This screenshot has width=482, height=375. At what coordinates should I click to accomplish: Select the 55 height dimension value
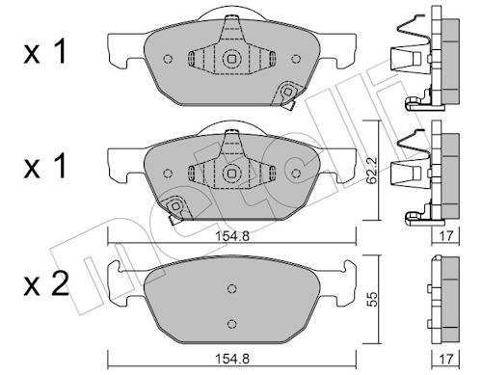pos(372,299)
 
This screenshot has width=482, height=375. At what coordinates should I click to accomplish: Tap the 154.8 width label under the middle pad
pos(232,236)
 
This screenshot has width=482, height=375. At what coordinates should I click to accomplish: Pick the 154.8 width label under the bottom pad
pos(232,359)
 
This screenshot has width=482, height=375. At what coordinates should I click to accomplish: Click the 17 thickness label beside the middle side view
pos(446,236)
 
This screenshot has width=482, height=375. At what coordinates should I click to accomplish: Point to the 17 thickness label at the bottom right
pos(446,359)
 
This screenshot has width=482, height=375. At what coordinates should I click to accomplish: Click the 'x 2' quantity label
pos(46,284)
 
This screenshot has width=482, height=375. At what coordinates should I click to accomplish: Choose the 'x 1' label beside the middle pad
pos(45,166)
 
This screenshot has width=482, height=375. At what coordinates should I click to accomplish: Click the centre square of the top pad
pos(231,59)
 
